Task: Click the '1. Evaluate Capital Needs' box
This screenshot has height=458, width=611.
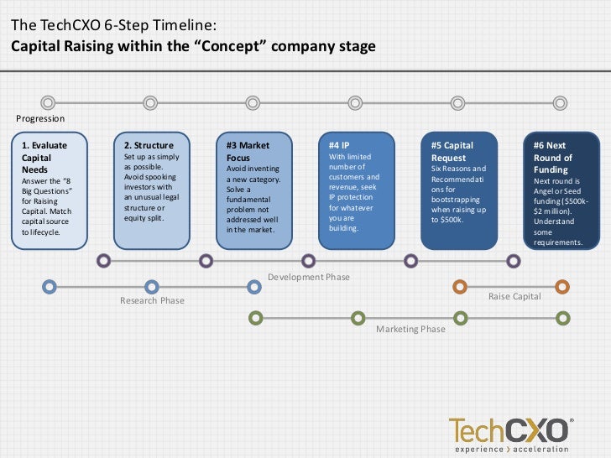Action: tap(50, 190)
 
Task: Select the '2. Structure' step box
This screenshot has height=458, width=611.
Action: tap(152, 190)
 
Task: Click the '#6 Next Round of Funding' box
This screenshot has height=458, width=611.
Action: tap(561, 190)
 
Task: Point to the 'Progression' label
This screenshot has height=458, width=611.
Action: tap(40, 119)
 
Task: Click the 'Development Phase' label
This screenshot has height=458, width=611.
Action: tap(309, 277)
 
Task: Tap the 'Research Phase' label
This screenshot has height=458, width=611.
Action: tap(152, 300)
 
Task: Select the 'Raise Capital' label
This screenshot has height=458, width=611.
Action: tap(514, 297)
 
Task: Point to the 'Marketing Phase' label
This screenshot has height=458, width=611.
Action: tap(410, 329)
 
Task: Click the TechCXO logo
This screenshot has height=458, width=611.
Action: tap(510, 429)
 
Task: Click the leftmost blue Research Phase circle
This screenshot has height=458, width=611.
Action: tap(50, 288)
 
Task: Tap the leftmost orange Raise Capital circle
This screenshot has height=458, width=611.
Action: tap(459, 288)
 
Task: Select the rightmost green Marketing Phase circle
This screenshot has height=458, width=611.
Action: tap(562, 318)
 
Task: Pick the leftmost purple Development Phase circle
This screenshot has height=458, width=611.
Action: tap(103, 261)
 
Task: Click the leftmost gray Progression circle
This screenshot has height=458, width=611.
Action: tap(48, 103)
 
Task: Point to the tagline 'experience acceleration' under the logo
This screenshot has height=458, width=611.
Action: tap(510, 448)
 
